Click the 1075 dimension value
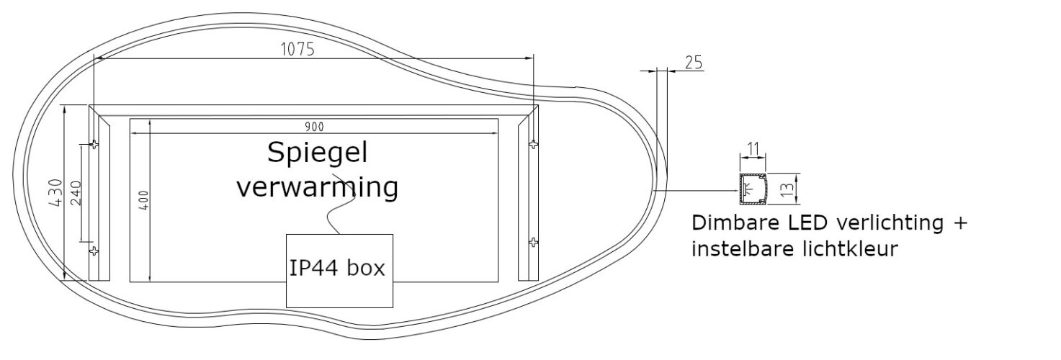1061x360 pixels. click(x=297, y=49)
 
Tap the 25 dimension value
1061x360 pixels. click(x=694, y=63)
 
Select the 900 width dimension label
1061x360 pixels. click(x=314, y=127)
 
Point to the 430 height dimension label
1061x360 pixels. click(x=56, y=192)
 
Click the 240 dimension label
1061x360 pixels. click(x=76, y=193)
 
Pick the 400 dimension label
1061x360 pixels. click(x=145, y=200)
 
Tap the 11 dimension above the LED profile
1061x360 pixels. click(x=753, y=149)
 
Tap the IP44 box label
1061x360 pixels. click(x=337, y=268)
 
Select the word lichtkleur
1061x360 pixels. click(x=851, y=248)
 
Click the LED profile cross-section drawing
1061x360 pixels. click(x=753, y=189)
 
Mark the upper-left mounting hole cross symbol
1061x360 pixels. click(x=94, y=145)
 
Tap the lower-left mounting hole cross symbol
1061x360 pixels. click(x=94, y=251)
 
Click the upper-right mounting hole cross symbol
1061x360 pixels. click(x=533, y=145)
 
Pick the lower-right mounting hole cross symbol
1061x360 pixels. click(x=533, y=243)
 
